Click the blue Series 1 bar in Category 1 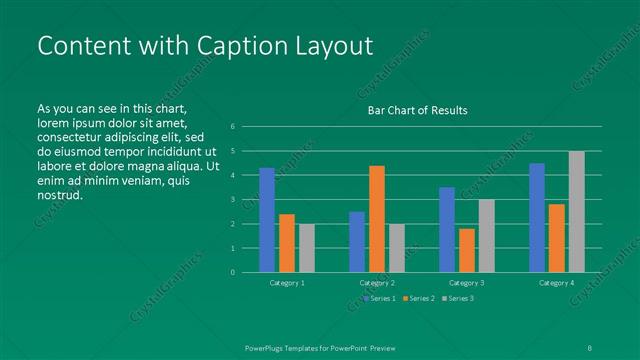(267, 220)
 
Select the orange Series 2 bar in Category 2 (376, 219)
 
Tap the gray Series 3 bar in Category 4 (576, 212)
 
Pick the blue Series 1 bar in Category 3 (447, 230)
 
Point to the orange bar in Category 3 (466, 250)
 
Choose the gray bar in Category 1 (306, 248)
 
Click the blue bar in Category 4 (537, 218)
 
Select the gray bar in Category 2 (396, 248)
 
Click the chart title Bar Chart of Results (412, 110)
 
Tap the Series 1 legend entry (381, 298)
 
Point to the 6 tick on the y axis (232, 127)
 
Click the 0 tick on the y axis (232, 272)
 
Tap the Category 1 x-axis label (287, 284)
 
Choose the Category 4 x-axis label (556, 284)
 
